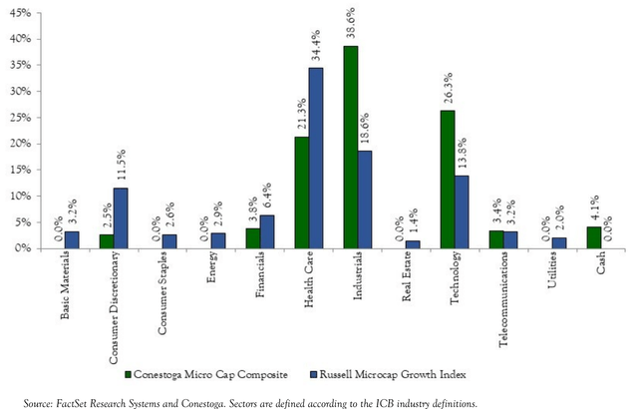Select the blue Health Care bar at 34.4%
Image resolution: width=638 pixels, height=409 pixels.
[x=316, y=158]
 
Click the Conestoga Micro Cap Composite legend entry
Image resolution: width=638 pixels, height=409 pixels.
[x=203, y=375]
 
